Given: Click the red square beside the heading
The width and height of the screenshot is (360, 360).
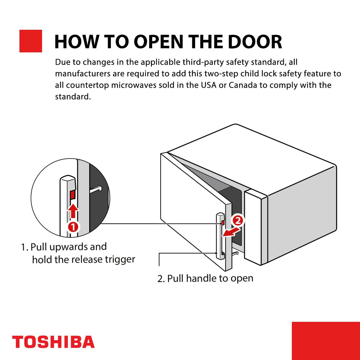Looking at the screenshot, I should pyautogui.click(x=31, y=41).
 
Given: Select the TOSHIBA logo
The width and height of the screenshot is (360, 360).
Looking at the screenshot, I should pyautogui.click(x=53, y=342).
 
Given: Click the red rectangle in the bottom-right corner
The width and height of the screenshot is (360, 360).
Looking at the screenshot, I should pyautogui.click(x=326, y=341).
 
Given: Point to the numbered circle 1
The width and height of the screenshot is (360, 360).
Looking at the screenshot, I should pyautogui.click(x=73, y=227).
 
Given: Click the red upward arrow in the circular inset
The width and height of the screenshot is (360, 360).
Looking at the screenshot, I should pyautogui.click(x=73, y=211).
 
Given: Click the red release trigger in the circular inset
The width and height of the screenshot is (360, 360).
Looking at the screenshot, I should pyautogui.click(x=73, y=195).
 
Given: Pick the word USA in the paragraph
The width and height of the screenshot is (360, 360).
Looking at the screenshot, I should pyautogui.click(x=208, y=85).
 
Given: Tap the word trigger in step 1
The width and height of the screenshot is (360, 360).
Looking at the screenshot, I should pyautogui.click(x=120, y=260).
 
